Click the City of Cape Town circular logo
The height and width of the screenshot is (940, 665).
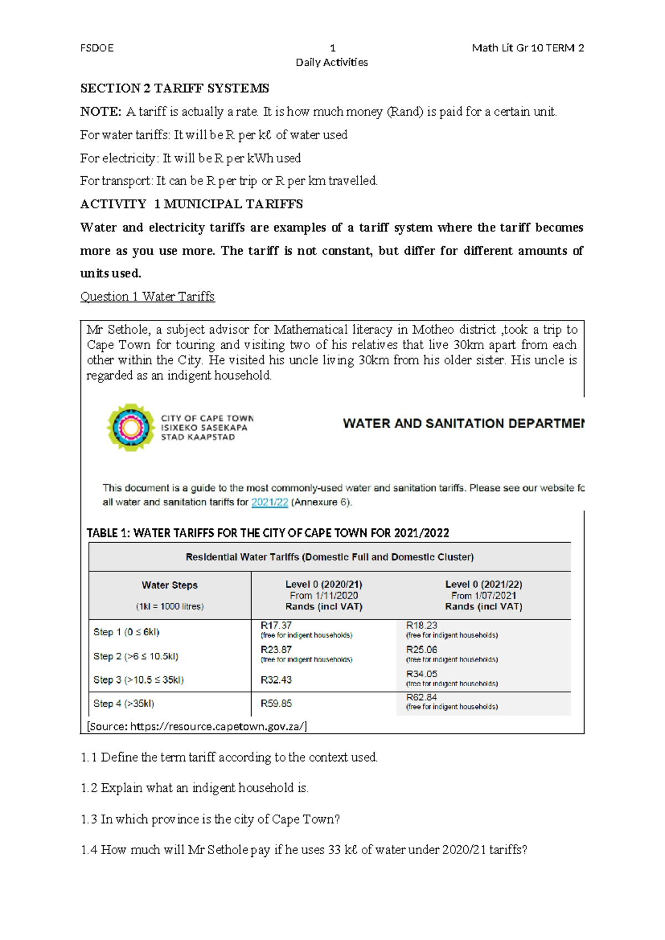click(130, 427)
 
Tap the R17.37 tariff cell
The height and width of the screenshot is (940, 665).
click(276, 625)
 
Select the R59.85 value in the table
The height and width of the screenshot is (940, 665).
click(276, 703)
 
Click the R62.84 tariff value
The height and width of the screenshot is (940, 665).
click(422, 697)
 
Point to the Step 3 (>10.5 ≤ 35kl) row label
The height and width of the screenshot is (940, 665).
click(139, 680)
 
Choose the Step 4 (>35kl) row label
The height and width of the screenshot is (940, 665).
click(124, 703)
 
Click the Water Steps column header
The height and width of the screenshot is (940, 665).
click(170, 585)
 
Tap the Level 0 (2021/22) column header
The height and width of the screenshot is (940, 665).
click(483, 584)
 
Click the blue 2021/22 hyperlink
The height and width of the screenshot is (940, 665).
click(269, 502)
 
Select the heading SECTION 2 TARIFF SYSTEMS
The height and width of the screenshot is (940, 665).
click(175, 88)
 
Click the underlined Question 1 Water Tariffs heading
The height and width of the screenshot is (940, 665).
click(147, 297)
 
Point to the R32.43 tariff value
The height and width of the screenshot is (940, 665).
click(276, 680)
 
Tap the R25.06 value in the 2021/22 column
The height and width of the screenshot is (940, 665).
click(422, 649)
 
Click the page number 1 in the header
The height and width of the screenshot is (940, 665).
click(332, 48)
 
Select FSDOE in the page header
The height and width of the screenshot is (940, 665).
click(97, 48)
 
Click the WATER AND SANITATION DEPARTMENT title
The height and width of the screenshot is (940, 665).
click(463, 423)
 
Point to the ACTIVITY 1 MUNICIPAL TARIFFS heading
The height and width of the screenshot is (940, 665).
click(191, 204)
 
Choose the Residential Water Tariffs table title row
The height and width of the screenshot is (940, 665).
click(330, 557)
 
